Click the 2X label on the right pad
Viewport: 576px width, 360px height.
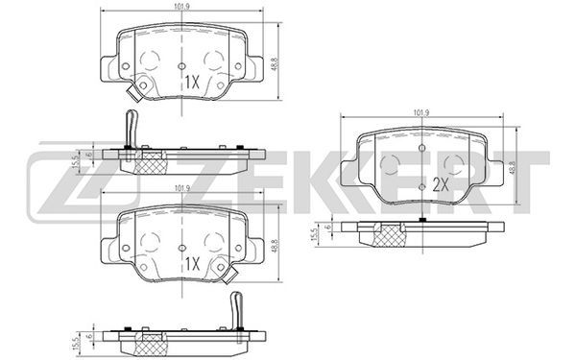point(441,185)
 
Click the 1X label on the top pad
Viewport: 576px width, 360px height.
point(192,83)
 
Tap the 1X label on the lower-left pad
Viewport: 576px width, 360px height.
point(192,264)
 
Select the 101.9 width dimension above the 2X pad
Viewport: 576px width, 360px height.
point(421,113)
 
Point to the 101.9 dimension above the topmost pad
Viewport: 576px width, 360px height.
point(182,7)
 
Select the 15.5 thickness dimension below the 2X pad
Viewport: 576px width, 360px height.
point(314,234)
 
